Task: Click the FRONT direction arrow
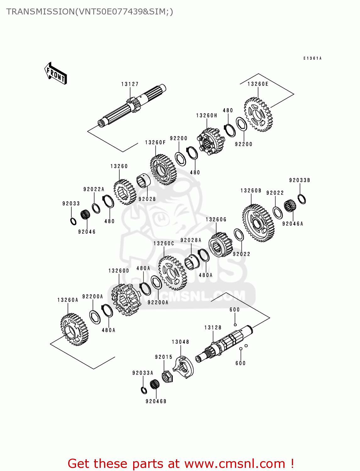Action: coord(56,73)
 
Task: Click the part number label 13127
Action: coord(130,84)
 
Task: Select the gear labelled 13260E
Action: coord(258,114)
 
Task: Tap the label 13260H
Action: coord(206,116)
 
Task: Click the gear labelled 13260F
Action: coord(163,170)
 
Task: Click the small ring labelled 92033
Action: coord(73,221)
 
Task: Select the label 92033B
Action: coord(299,180)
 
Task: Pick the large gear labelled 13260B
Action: coord(258,223)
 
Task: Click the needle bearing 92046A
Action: coord(290,206)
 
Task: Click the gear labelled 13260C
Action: coord(172,273)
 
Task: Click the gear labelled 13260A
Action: coord(74,329)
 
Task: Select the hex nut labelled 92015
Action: coord(167,376)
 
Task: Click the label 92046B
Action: coord(156,401)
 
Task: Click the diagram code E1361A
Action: coord(312,58)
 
